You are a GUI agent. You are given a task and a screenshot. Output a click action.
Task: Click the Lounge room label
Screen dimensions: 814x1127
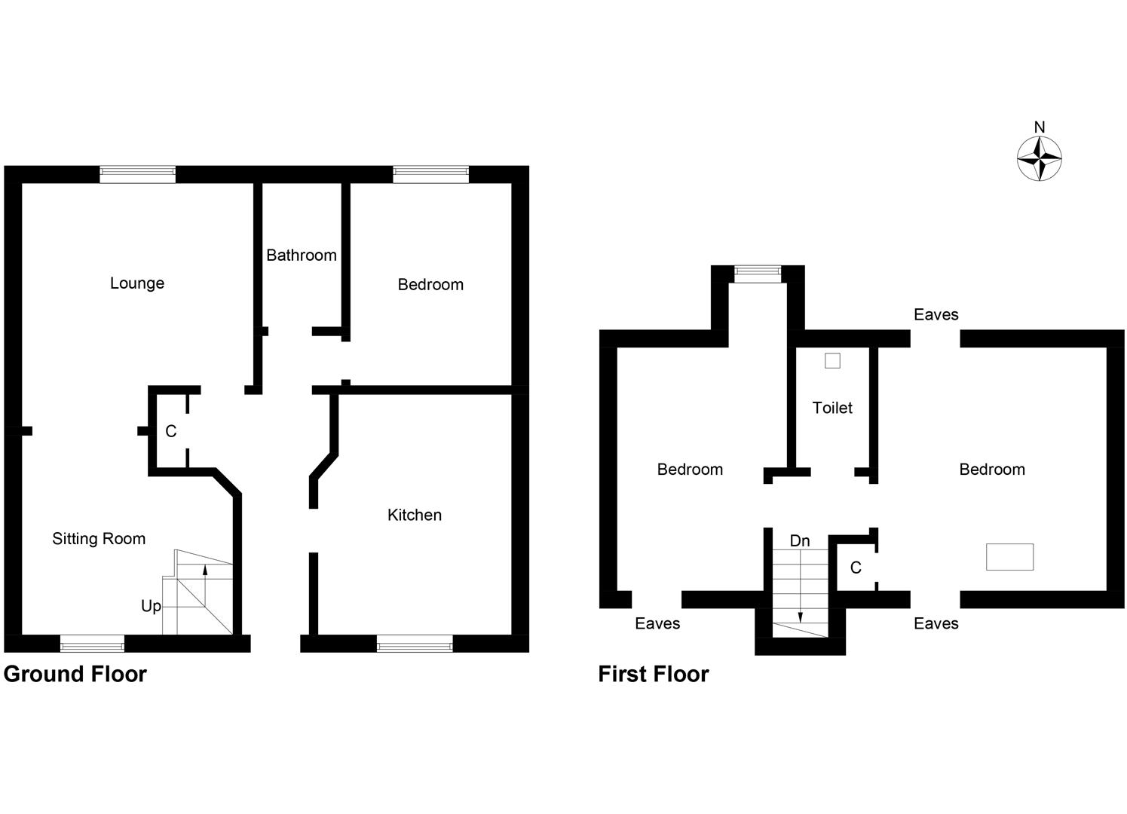tap(136, 283)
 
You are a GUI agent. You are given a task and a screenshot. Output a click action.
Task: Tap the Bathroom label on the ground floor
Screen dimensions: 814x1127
tap(301, 256)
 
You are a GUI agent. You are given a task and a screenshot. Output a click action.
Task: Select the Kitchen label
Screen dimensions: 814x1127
tap(414, 516)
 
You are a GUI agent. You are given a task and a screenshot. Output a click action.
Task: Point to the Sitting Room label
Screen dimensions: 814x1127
tap(99, 539)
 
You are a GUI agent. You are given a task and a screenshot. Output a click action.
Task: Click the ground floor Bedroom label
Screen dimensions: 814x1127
tap(430, 285)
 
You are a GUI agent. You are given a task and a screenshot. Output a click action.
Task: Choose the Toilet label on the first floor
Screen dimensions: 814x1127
tap(832, 409)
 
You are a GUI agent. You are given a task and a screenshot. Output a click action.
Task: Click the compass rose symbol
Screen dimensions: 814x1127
tap(1040, 159)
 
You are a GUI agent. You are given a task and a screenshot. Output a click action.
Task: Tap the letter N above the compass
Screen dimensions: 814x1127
tap(1040, 127)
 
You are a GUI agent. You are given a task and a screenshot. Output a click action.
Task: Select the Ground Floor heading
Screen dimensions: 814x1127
tap(75, 674)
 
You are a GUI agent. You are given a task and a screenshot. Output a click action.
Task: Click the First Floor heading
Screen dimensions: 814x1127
tap(654, 674)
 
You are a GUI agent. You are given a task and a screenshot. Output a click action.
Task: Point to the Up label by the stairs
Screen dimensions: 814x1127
tap(151, 606)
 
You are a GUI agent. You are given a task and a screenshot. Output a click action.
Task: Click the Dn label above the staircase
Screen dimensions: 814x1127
tap(800, 541)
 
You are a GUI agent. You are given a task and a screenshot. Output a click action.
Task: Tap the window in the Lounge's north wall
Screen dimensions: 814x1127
tap(138, 174)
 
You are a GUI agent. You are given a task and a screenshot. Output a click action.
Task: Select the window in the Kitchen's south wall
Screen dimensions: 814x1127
tap(415, 644)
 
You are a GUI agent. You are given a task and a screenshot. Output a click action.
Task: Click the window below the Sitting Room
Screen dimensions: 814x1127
tap(92, 644)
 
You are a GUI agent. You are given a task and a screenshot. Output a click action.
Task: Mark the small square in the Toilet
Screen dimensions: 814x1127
tap(832, 361)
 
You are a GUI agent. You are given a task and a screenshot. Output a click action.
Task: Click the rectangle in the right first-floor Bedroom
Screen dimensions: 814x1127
tap(1009, 557)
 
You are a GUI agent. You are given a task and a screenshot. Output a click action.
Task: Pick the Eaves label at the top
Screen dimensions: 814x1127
tap(936, 315)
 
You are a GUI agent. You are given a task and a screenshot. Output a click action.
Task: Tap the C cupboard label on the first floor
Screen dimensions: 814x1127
tap(856, 568)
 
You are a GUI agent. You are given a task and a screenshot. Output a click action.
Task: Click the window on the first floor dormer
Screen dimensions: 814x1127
tap(758, 274)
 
